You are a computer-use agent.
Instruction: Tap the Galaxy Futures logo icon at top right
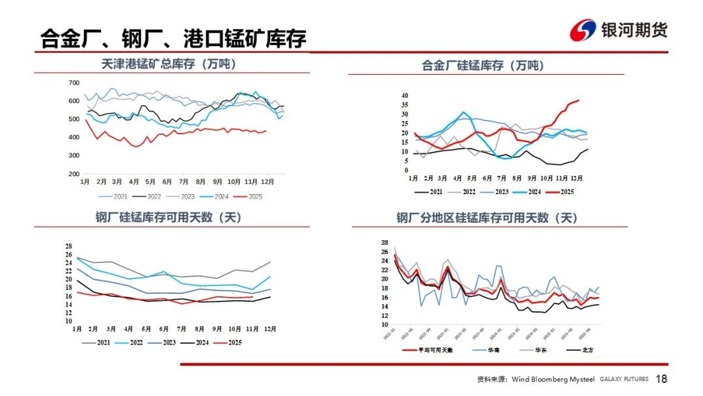[583, 30]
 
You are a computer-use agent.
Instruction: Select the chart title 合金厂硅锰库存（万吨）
[483, 65]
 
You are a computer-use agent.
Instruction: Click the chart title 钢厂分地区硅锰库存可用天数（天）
[487, 218]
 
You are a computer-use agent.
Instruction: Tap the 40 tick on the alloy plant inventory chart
[404, 96]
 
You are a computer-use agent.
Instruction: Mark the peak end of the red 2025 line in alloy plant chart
[578, 100]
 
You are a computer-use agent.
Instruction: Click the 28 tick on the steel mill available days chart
[68, 246]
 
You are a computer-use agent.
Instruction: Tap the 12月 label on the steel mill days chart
[268, 330]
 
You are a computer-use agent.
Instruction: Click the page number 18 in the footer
[661, 379]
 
